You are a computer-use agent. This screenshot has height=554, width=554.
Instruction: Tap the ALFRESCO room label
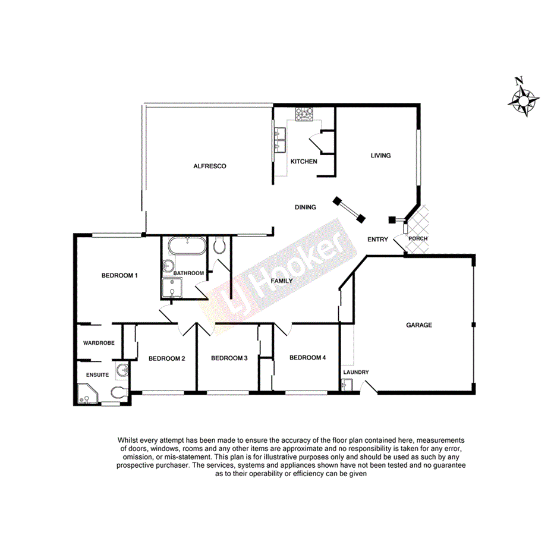tap(210, 166)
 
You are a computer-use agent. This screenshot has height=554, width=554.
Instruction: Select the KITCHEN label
tap(303, 162)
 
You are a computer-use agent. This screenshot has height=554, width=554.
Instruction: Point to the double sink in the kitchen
tap(280, 143)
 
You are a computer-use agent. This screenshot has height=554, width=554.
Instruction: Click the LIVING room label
tap(380, 156)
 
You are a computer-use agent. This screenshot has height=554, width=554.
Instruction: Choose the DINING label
tap(306, 207)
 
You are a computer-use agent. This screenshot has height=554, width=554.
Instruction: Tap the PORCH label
tap(417, 239)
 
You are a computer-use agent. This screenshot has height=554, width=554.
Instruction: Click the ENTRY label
tap(377, 240)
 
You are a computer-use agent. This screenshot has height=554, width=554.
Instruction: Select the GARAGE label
tap(419, 325)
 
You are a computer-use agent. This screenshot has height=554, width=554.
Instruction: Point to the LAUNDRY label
tap(356, 373)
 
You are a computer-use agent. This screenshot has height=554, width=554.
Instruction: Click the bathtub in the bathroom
tap(186, 245)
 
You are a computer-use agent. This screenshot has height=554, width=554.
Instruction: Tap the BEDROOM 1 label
tap(119, 275)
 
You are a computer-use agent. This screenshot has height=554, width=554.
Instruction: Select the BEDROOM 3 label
tap(229, 358)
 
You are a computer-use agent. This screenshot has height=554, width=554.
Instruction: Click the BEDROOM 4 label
tap(307, 358)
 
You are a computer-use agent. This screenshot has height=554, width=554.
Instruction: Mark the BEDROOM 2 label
tap(167, 358)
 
